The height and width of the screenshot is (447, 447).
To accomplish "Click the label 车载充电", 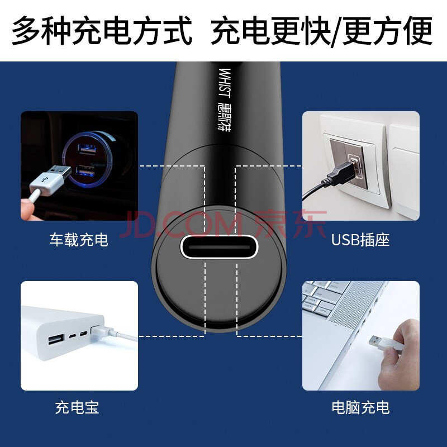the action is pos(79,240).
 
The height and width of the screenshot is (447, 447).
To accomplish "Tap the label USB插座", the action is pos(360,240).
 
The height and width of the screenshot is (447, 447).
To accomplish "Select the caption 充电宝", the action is pos(77,407).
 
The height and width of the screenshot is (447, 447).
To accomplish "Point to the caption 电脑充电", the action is pos(360,407).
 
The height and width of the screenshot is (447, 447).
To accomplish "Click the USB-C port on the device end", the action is pos(219,247).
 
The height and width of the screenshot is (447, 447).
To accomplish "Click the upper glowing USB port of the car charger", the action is pos(87,149).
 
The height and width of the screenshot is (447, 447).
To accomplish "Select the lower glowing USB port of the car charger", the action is pos(85,171).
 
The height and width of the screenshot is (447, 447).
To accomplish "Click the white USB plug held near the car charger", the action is pos(51,179).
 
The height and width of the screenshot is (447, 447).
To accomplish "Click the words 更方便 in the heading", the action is pos(387,31).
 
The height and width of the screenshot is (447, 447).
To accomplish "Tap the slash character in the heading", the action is pos(336,31).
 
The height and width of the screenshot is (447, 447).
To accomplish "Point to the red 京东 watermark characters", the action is pos(290,224).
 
